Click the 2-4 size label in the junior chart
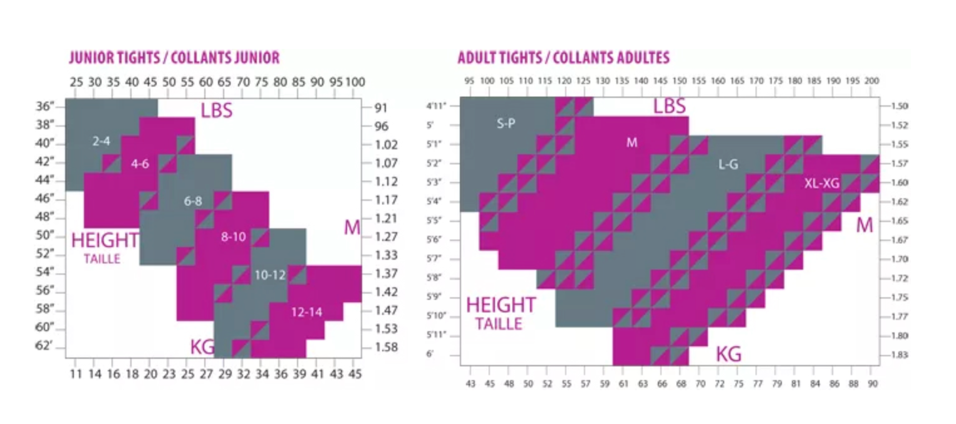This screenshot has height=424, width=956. click(101, 142)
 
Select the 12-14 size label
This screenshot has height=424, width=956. click(306, 312)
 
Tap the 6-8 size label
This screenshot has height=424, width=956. click(193, 202)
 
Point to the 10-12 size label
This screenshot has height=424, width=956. click(270, 275)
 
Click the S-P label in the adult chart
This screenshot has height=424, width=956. click(506, 124)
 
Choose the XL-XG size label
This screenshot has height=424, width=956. click(821, 183)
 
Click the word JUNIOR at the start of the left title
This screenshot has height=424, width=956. click(85, 58)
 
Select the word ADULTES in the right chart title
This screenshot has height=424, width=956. click(643, 58)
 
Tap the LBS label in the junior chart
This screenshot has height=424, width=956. click(216, 110)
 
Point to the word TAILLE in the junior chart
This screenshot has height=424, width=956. click(101, 259)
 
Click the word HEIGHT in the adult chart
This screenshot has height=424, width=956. click(501, 305)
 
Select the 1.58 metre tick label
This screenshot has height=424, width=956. click(385, 347)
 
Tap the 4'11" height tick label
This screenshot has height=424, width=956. click(436, 106)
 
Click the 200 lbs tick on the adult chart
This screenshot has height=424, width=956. click(871, 82)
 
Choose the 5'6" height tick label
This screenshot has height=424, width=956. click(434, 240)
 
